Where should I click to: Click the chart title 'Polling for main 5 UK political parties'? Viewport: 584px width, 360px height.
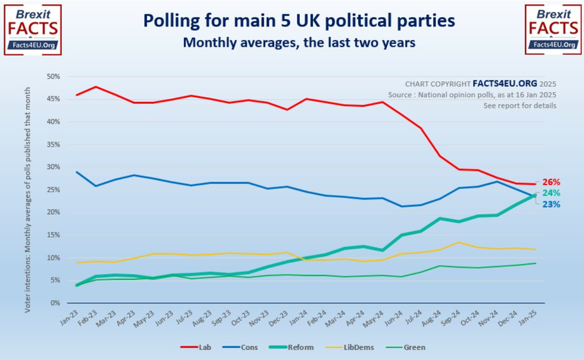tap(299, 21)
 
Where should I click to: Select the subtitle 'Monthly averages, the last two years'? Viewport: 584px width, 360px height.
tap(299, 43)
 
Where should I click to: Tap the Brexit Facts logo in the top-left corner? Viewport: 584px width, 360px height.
tap(32, 30)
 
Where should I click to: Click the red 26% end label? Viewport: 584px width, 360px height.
tap(551, 182)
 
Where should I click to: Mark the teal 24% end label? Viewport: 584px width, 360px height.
tap(551, 193)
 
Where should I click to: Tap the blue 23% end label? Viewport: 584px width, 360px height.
tap(551, 204)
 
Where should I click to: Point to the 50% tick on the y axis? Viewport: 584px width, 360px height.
tap(54, 77)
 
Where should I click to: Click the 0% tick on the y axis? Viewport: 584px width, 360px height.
tap(55, 303)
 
